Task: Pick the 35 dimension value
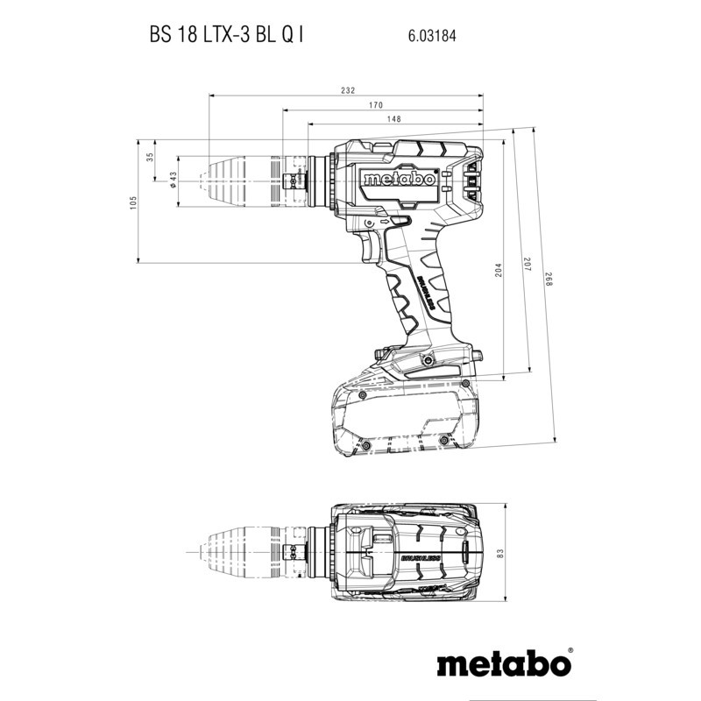click(x=150, y=157)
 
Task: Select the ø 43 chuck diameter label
click(x=173, y=179)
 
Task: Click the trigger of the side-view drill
click(x=372, y=250)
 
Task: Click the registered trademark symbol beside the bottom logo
click(x=570, y=651)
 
